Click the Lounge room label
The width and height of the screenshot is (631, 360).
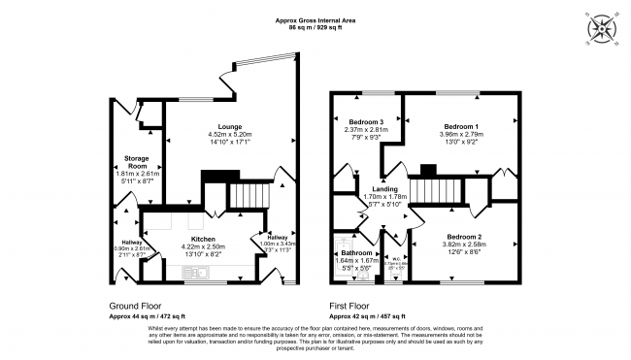[230, 125]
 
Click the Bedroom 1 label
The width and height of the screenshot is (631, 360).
[461, 126]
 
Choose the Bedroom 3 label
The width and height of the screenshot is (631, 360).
[365, 121]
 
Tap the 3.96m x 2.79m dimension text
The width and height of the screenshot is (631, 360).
[461, 134]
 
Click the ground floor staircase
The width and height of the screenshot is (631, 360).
[248, 198]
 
